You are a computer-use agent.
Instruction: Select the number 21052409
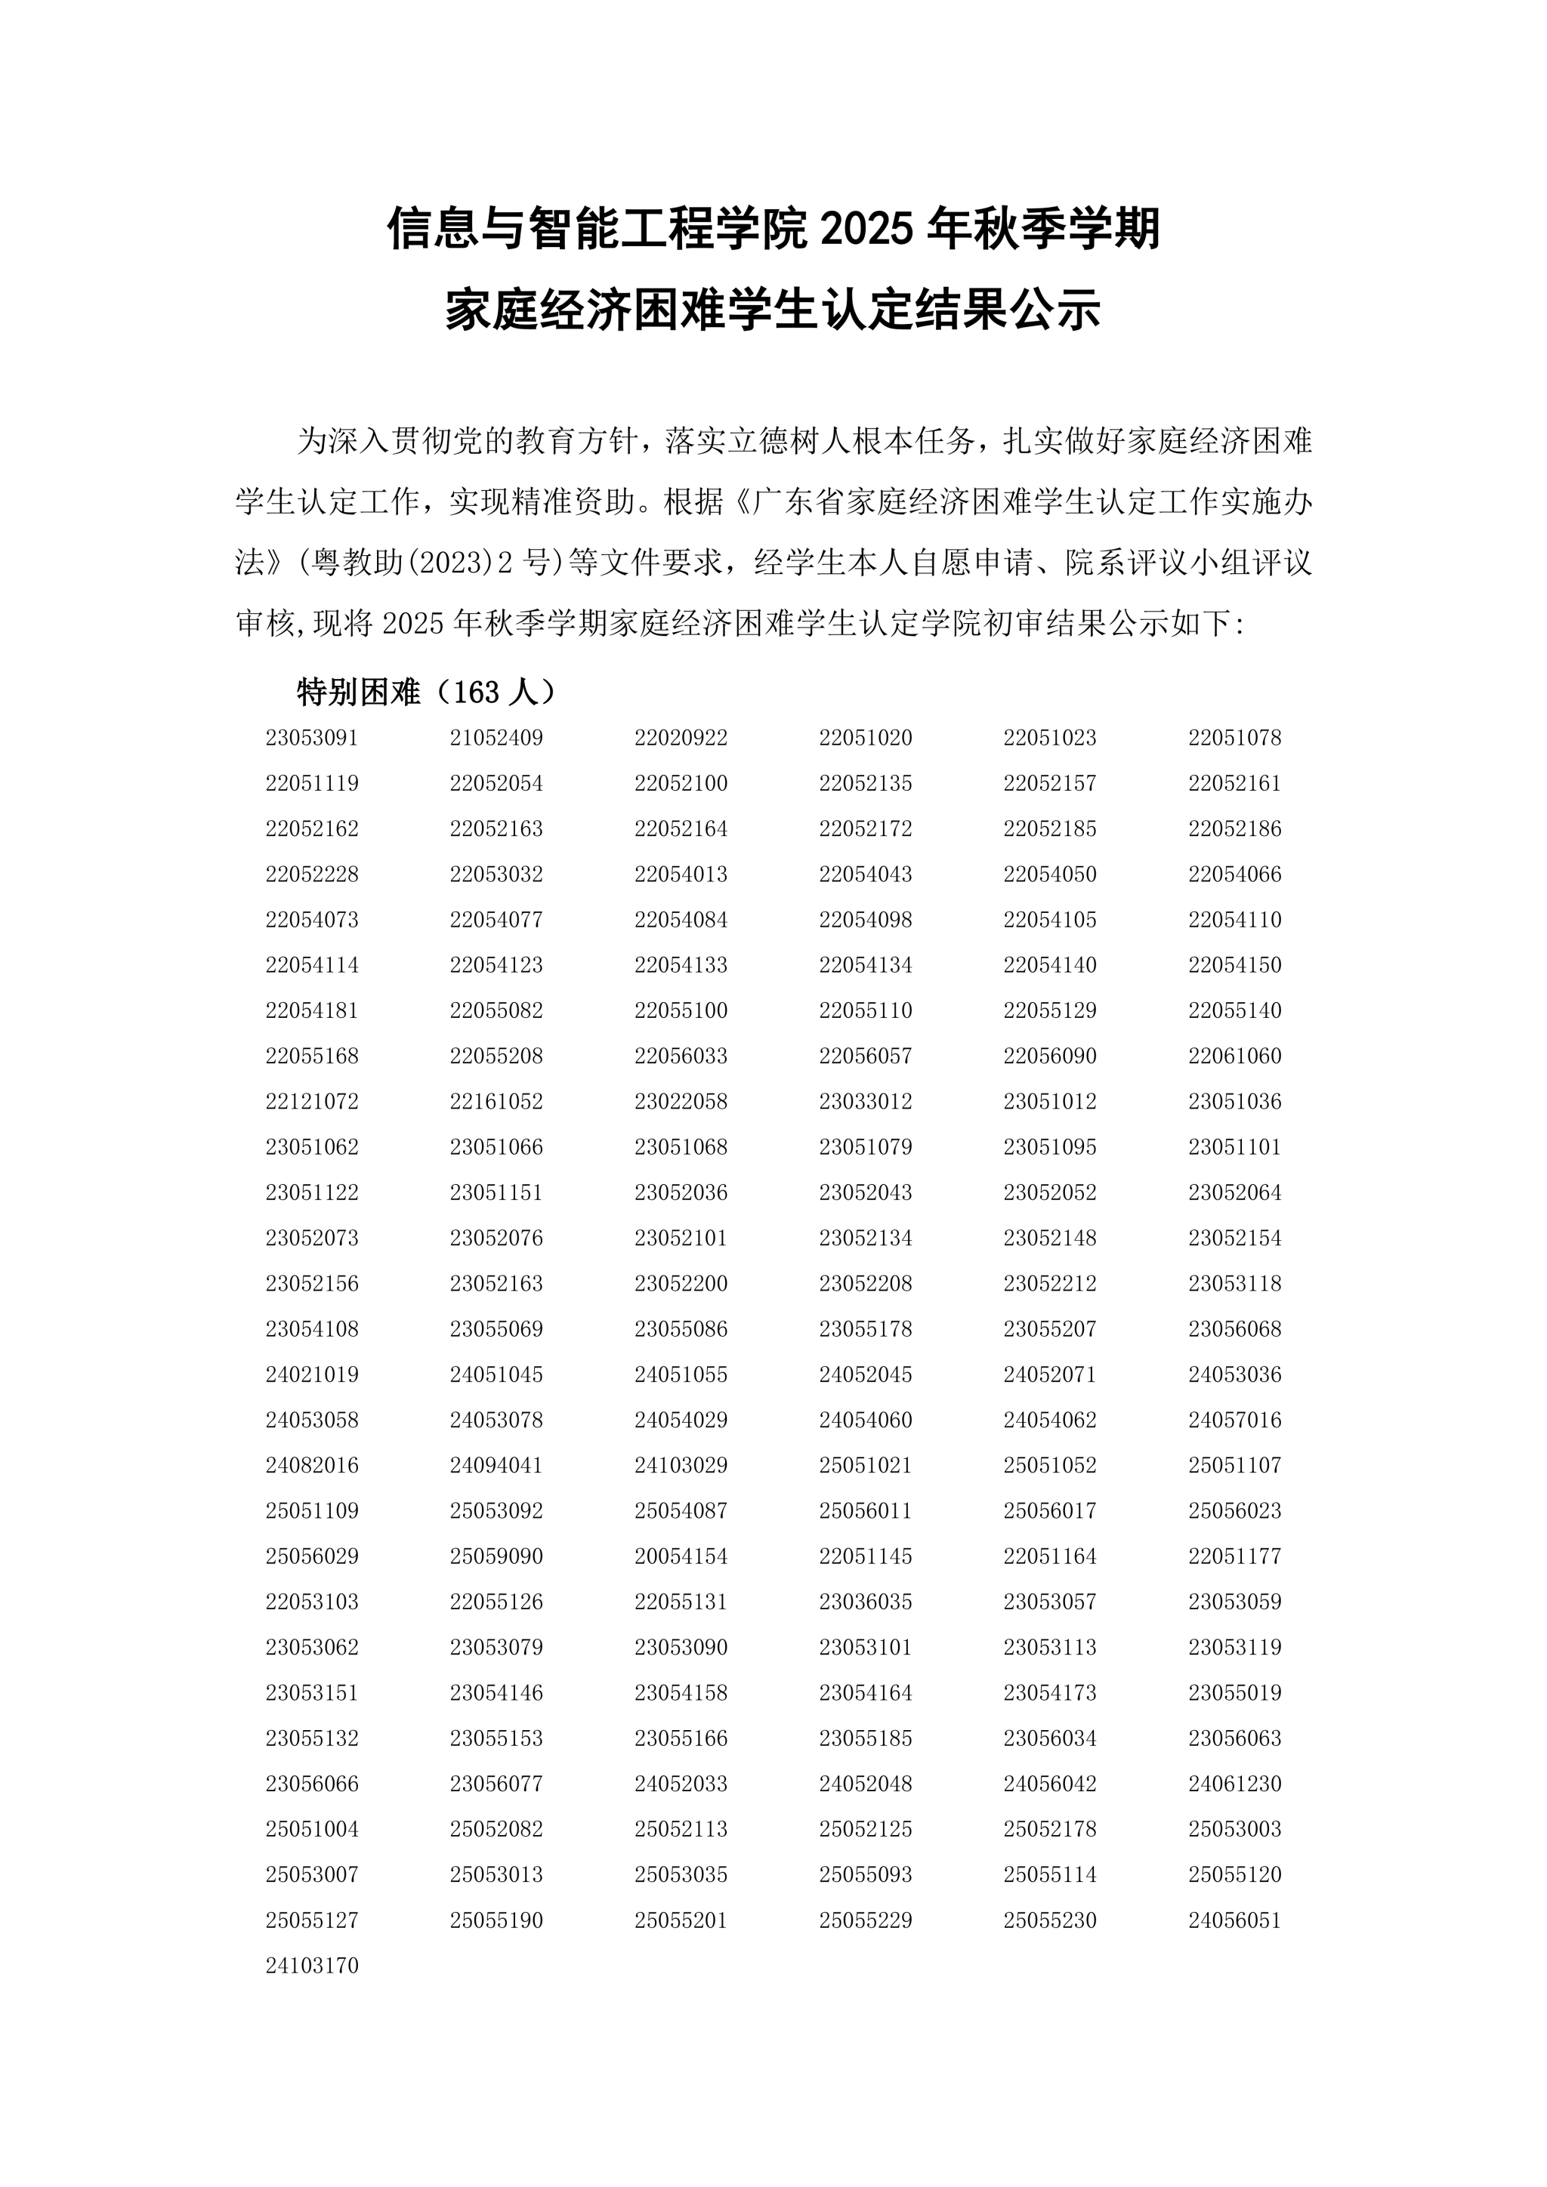(x=496, y=737)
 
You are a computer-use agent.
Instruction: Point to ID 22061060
(x=1234, y=1056)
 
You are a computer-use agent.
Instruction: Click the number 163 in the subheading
(x=477, y=692)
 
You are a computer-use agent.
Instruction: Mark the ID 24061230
(x=1234, y=1783)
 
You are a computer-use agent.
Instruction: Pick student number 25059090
(x=496, y=1556)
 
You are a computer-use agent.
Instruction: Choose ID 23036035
(x=865, y=1601)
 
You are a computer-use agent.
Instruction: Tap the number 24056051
(x=1234, y=1920)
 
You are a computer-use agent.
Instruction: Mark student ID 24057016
(x=1234, y=1419)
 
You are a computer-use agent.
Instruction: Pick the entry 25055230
(x=1050, y=1920)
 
